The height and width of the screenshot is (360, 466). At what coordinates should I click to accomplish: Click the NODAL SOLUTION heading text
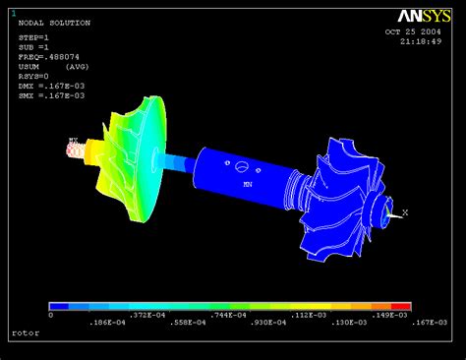point(54,22)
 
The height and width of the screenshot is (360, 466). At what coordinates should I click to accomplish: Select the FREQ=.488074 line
point(51,58)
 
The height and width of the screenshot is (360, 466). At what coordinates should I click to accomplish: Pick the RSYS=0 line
point(34,77)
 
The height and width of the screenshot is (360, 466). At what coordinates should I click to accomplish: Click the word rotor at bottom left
point(25,333)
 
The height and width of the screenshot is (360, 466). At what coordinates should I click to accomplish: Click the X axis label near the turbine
point(405,210)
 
